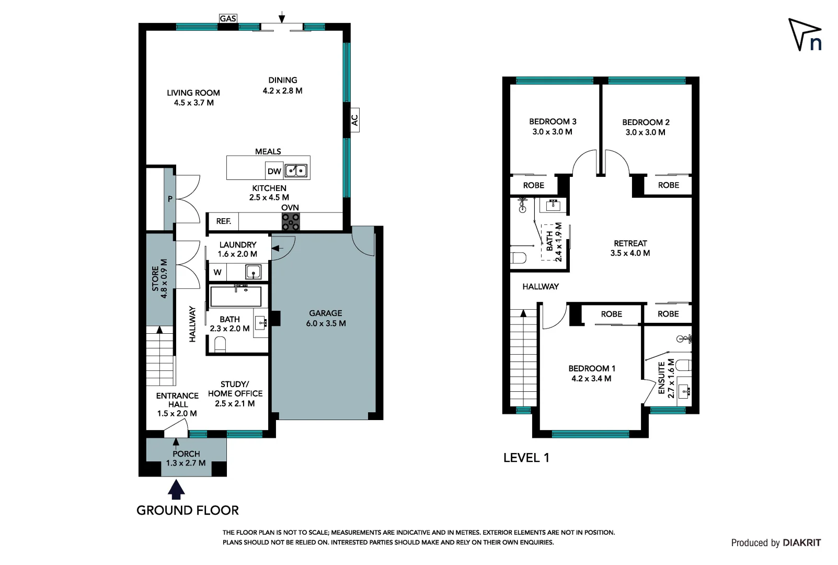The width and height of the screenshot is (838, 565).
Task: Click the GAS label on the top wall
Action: click(228, 19)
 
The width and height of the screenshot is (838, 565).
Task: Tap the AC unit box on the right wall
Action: click(354, 120)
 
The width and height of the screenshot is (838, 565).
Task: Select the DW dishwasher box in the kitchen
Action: click(274, 171)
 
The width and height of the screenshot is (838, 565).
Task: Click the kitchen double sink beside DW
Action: click(296, 171)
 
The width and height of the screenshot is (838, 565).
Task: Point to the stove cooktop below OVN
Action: click(291, 222)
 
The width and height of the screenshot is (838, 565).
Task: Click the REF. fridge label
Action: click(224, 221)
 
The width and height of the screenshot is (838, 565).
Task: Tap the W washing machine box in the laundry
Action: click(217, 272)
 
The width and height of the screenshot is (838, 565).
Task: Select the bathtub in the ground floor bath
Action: click(235, 297)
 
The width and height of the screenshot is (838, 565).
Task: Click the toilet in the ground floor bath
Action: click(220, 344)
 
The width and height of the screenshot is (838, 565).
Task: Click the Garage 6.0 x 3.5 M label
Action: click(326, 318)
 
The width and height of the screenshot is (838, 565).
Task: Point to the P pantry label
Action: click(170, 199)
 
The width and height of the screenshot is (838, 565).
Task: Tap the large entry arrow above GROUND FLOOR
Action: click(177, 490)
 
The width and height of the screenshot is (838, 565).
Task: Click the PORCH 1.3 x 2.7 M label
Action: click(186, 458)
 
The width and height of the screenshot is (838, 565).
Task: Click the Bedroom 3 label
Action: click(553, 127)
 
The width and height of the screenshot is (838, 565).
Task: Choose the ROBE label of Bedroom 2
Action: click(668, 185)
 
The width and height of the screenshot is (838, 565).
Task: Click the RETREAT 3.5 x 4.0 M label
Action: click(630, 248)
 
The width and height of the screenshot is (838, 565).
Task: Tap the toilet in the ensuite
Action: click(683, 365)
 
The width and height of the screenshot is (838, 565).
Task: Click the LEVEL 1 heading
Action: click(526, 458)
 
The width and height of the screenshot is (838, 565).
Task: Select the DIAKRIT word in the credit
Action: click(801, 543)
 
